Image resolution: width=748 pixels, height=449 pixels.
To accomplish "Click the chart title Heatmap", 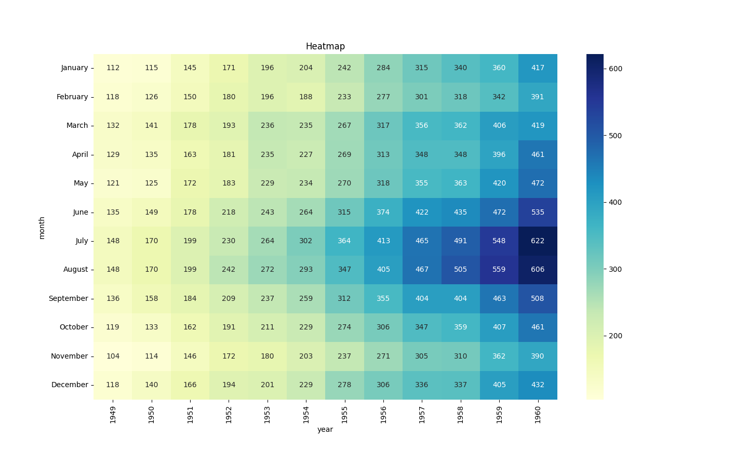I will point(325,47).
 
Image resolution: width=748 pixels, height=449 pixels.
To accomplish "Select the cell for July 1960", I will point(538,241).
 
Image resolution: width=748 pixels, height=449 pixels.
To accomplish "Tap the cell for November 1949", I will point(113,356).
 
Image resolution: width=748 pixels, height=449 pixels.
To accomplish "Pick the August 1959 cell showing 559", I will point(499,270).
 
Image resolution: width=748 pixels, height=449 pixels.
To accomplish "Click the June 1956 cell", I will point(383,213).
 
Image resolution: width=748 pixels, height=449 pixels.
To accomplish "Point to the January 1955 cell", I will point(344,68).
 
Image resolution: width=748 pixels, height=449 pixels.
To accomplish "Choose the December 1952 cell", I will point(229,385).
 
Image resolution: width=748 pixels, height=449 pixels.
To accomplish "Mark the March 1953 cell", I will point(268,126).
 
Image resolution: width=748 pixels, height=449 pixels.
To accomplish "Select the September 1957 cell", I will point(422,299).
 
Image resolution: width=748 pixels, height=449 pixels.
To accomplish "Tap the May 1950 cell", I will point(152,183).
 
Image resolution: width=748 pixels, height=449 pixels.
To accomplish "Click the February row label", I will point(72,97).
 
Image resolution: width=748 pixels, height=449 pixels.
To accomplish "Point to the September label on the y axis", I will point(68,299).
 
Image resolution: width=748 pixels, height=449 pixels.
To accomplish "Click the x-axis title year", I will point(325,430).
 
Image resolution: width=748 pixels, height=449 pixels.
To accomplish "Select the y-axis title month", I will point(42,228).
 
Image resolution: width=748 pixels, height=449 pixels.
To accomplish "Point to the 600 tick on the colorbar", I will point(616,69).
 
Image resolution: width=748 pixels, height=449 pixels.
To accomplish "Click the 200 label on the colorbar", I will point(616,336).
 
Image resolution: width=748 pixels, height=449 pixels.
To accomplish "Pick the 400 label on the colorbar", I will point(616,203).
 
